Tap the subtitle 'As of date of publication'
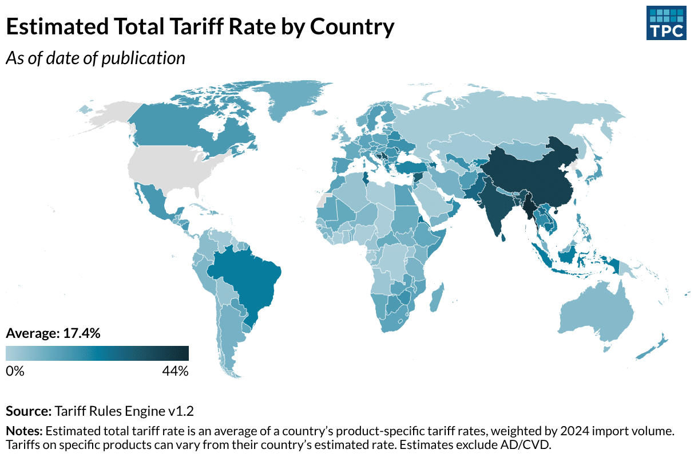(x=96, y=58)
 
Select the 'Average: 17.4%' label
(x=53, y=333)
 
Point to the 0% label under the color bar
(x=15, y=371)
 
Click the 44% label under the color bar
(x=175, y=371)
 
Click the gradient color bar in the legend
(x=97, y=353)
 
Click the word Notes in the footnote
(x=24, y=430)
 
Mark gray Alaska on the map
(x=112, y=115)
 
